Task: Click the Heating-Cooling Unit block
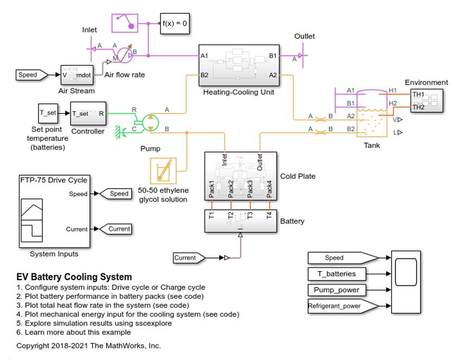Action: point(239,66)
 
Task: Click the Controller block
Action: point(88,114)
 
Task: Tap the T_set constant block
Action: point(48,114)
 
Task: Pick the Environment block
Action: point(426,100)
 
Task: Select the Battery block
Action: point(240,221)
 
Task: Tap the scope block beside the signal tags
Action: point(405,282)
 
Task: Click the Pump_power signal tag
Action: point(339,290)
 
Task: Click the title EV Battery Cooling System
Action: point(74,277)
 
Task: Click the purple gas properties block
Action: point(126,24)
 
